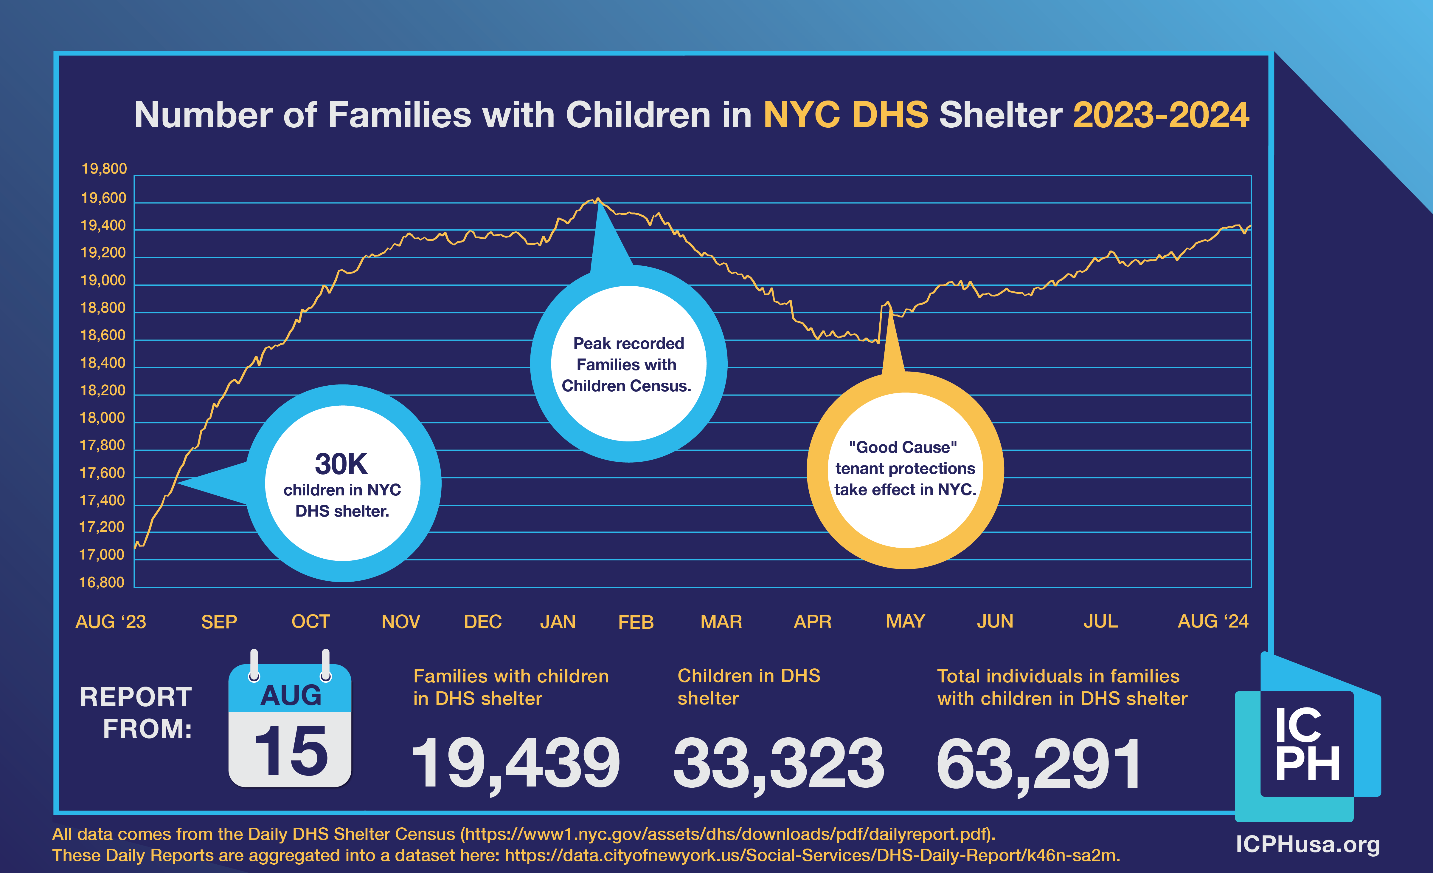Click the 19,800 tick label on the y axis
tap(103, 169)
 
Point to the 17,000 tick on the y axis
tap(102, 555)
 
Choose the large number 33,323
tap(778, 762)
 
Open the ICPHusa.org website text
tap(1307, 844)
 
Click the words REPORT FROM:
tap(137, 712)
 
